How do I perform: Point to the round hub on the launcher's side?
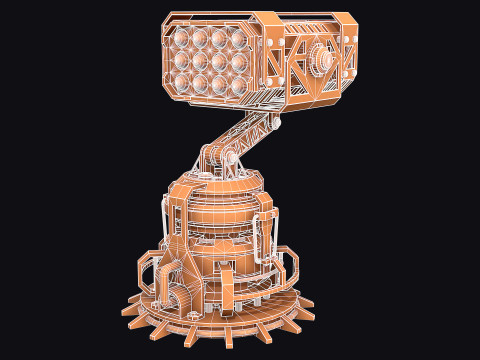[322, 58]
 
